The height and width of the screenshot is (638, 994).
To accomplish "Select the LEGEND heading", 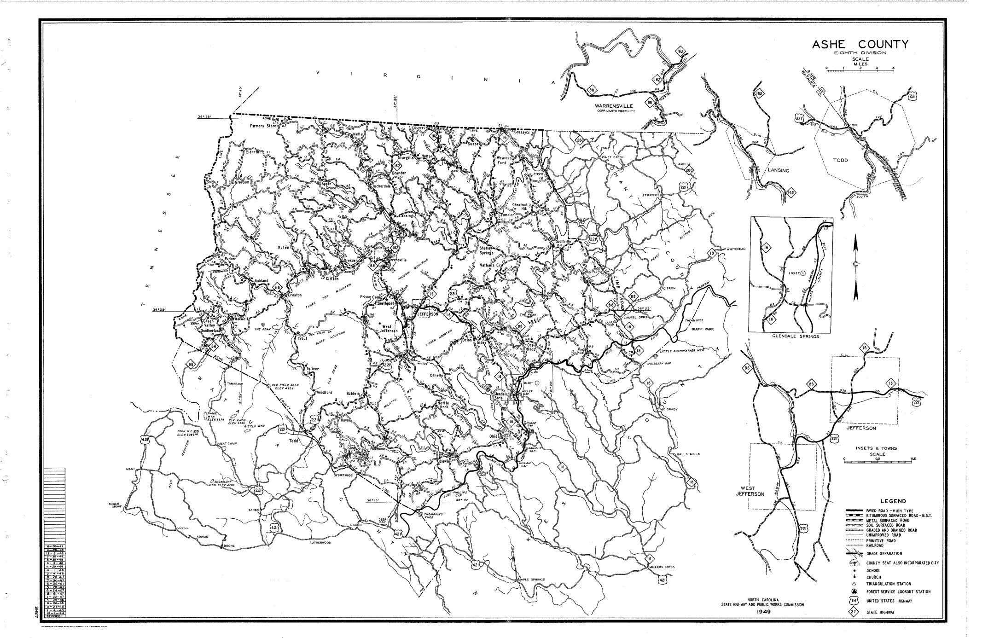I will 893,501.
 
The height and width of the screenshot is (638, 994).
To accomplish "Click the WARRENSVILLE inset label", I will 614,106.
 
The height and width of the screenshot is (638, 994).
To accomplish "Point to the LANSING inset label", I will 778,170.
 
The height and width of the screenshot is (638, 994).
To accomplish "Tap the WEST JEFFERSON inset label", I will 750,491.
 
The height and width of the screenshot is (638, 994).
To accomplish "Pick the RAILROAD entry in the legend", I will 875,545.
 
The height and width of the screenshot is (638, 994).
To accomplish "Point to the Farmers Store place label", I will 262,126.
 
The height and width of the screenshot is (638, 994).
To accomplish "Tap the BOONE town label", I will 229,546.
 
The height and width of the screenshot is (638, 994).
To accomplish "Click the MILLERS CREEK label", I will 662,567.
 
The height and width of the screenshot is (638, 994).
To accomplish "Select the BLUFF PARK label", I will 702,329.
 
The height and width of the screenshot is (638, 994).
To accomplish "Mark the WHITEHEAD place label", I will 736,249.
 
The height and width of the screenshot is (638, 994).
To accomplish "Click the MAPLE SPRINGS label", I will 531,580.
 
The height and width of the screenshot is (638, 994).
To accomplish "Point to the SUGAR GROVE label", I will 115,505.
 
